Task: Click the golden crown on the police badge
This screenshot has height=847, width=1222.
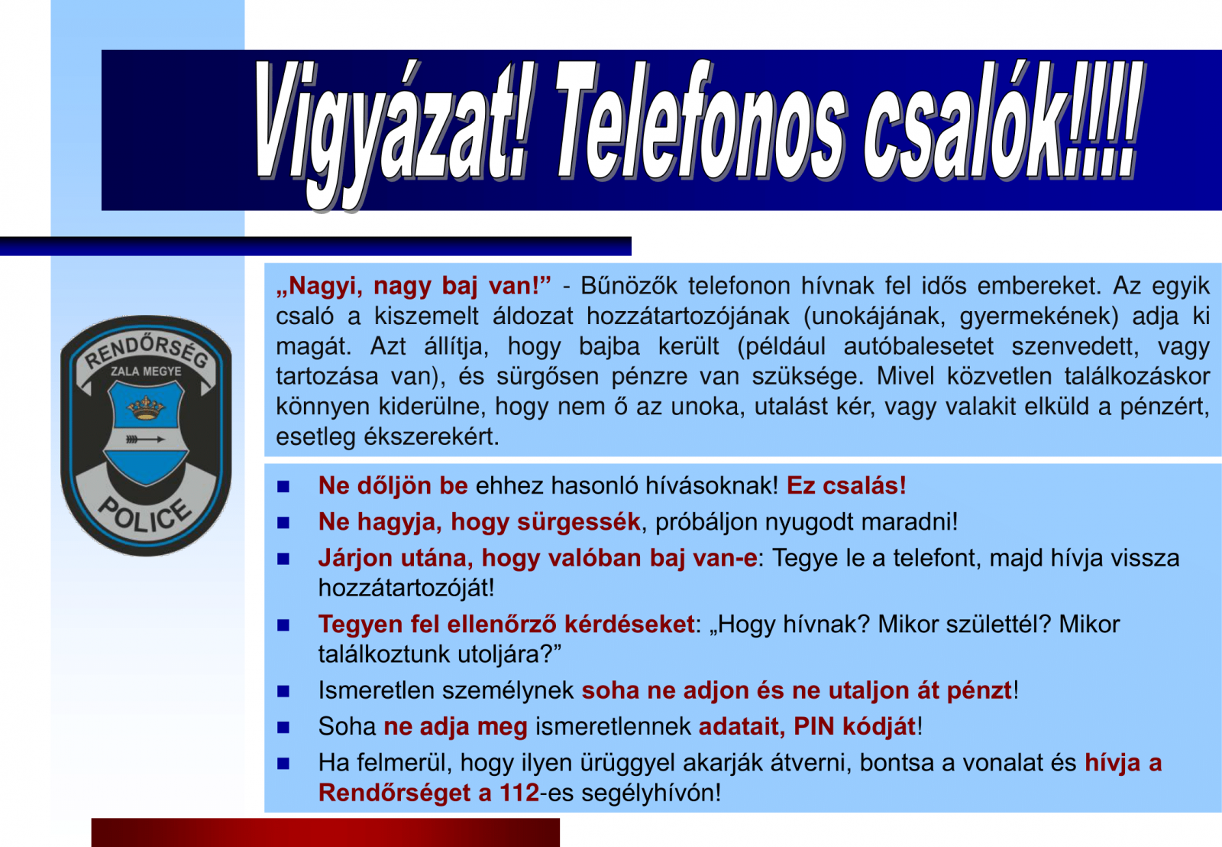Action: pyautogui.click(x=146, y=407)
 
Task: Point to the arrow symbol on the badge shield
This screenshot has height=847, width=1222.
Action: pyautogui.click(x=145, y=439)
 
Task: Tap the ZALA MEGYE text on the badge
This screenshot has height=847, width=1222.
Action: pyautogui.click(x=146, y=372)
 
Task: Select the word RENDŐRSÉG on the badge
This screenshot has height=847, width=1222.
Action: pyautogui.click(x=146, y=352)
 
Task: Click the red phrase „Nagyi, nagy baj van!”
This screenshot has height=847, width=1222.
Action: pyautogui.click(x=413, y=286)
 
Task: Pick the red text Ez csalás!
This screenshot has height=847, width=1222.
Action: pyautogui.click(x=846, y=485)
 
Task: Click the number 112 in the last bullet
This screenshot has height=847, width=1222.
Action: pyautogui.click(x=519, y=793)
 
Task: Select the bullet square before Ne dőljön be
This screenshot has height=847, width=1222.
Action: pyautogui.click(x=283, y=486)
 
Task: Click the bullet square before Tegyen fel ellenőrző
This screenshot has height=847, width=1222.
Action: pyautogui.click(x=283, y=625)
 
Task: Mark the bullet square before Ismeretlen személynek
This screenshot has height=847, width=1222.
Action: pyautogui.click(x=283, y=691)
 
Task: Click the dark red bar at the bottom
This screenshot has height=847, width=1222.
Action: pyautogui.click(x=325, y=832)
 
